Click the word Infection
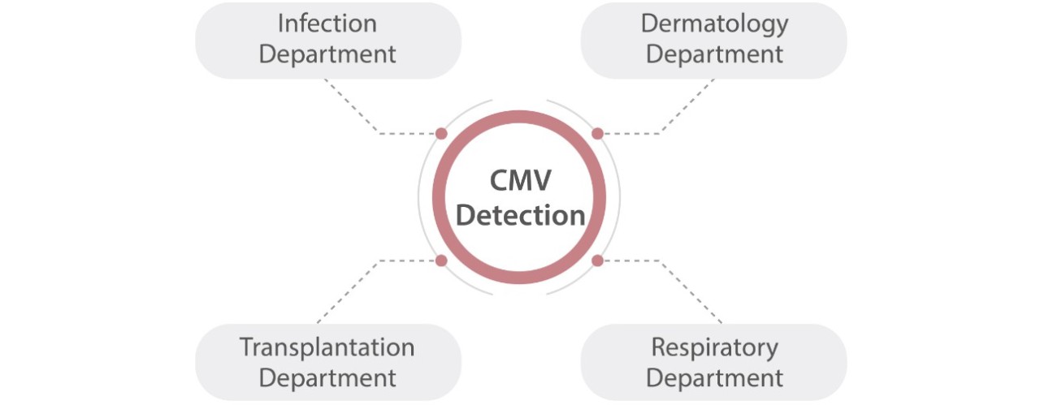tap(327, 24)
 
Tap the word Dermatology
tap(714, 24)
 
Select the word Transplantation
tap(327, 347)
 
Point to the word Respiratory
tap(714, 347)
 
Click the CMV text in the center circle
tap(520, 180)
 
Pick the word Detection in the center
tap(520, 216)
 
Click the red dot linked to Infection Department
tap(441, 133)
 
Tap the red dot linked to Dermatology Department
tap(597, 133)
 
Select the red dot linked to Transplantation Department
tap(441, 261)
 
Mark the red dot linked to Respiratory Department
tap(597, 261)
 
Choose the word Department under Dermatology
tap(714, 54)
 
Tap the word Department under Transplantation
tap(327, 378)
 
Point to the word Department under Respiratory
tap(714, 378)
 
